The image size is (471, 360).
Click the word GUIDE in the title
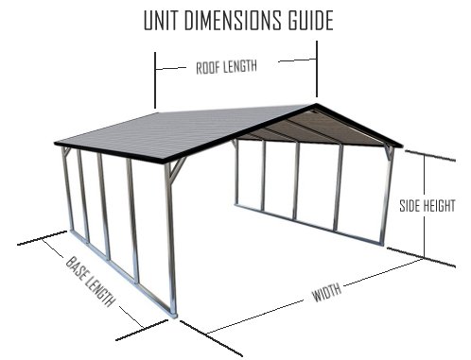[307, 20]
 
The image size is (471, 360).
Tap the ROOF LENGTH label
[226, 67]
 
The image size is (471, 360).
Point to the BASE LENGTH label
[91, 282]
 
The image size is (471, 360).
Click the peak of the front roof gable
[317, 104]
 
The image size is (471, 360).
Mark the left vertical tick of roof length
[155, 81]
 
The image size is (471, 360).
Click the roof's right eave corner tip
[403, 146]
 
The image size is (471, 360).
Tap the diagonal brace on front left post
[178, 167]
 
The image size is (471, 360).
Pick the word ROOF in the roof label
[207, 68]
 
